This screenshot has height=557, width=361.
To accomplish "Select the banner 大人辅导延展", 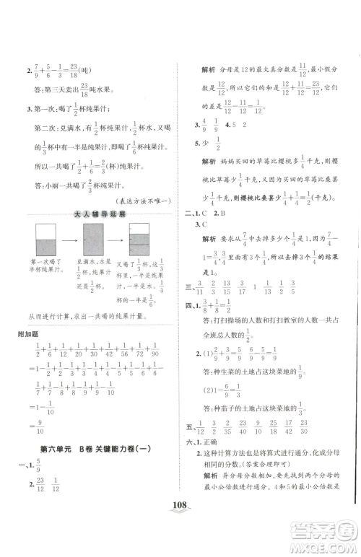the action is [99, 214].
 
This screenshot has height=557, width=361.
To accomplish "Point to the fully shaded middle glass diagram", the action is [93, 242].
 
